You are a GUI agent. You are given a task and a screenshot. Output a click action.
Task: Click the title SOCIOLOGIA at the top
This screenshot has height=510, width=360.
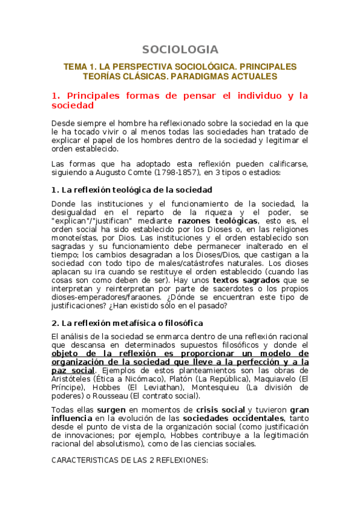(x=180, y=49)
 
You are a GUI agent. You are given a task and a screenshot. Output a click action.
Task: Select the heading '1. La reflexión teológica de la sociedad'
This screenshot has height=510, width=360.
(x=132, y=190)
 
